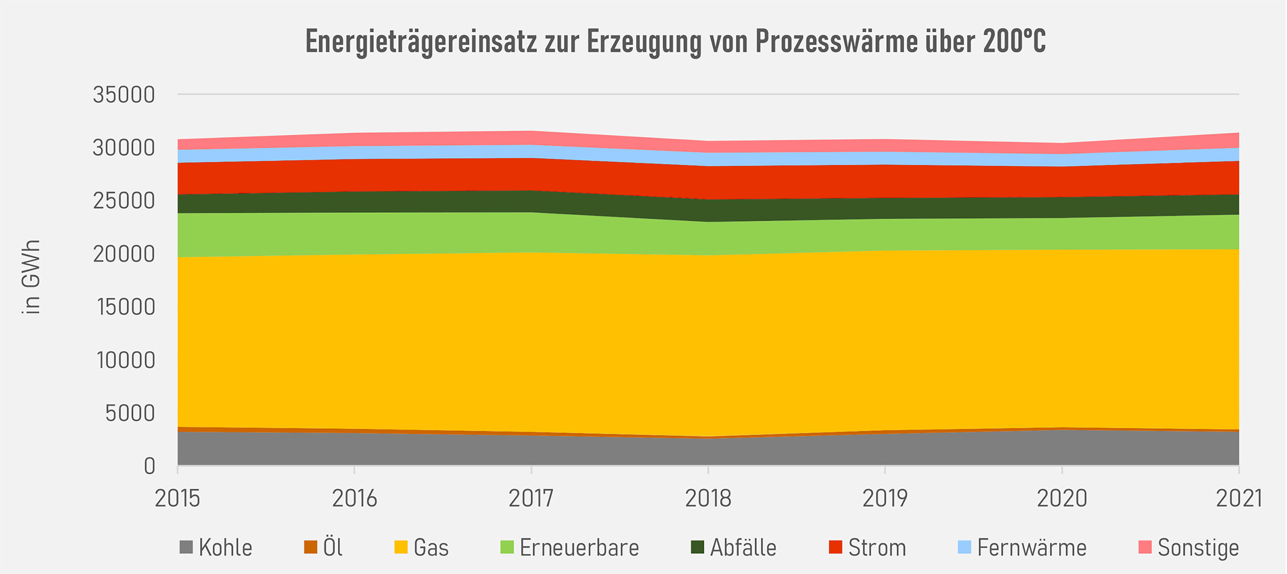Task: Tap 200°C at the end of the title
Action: click(x=1014, y=41)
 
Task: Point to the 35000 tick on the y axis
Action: click(x=123, y=95)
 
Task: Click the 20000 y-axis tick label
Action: click(x=123, y=254)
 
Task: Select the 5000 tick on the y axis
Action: click(x=130, y=413)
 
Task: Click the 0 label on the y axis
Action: click(x=149, y=467)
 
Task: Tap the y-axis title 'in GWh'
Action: click(x=31, y=277)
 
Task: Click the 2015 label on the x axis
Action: click(x=177, y=498)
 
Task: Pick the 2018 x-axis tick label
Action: click(x=708, y=498)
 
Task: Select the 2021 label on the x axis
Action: click(x=1239, y=498)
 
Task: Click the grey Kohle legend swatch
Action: click(x=186, y=547)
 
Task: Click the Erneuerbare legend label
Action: click(x=579, y=547)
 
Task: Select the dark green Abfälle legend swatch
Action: click(x=697, y=547)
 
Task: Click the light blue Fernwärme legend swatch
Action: click(x=964, y=547)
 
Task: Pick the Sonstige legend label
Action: click(x=1198, y=547)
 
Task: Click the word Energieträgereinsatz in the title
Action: click(x=421, y=41)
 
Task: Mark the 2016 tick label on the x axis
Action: click(x=354, y=498)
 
